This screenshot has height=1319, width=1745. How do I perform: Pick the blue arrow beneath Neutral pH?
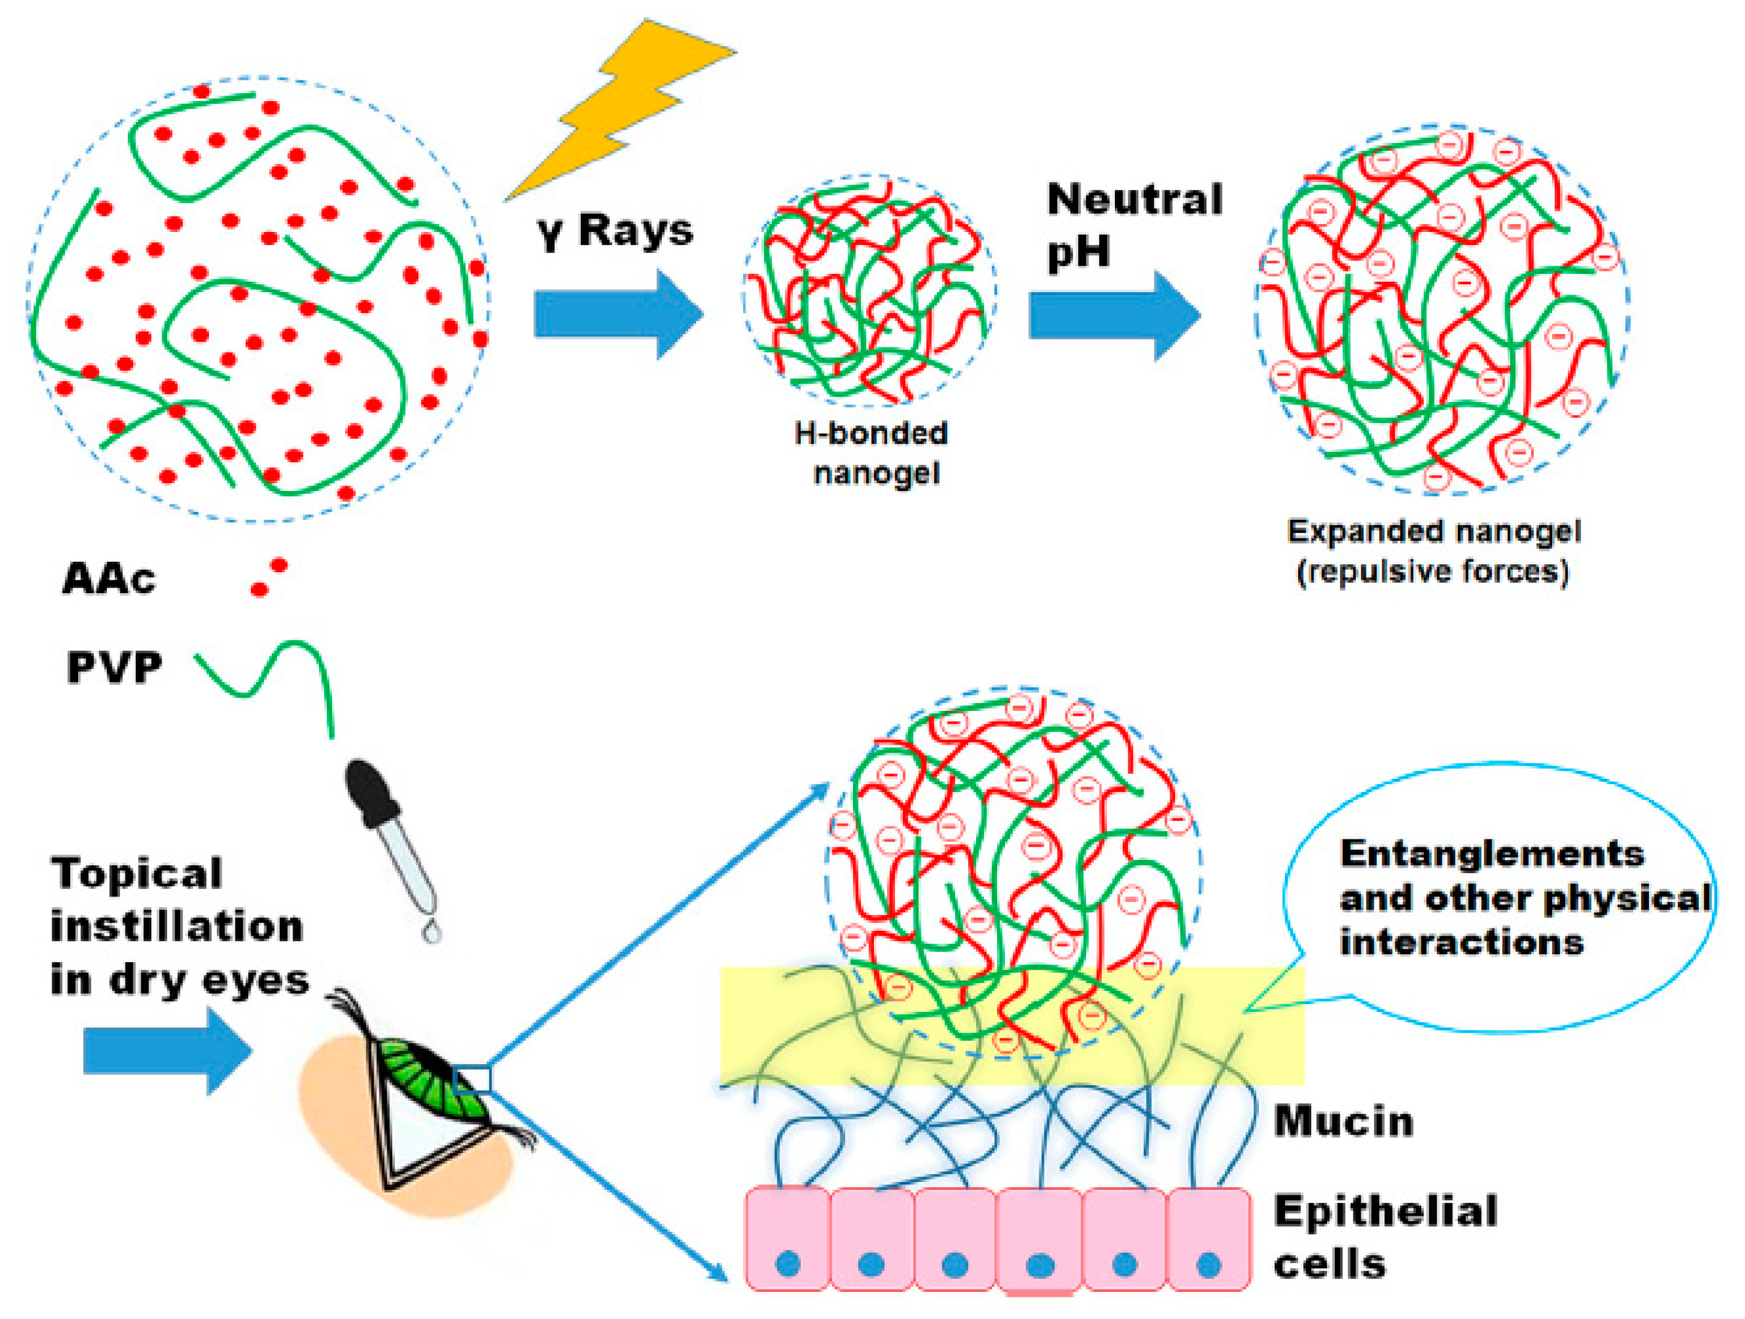(1113, 315)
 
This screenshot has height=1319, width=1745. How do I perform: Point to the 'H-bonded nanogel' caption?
(871, 453)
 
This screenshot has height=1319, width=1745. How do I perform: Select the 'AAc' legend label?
(109, 579)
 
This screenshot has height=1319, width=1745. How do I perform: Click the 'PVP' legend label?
(114, 668)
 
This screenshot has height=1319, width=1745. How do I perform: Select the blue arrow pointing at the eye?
(166, 1050)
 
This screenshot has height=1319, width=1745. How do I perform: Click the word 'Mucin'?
(1343, 1122)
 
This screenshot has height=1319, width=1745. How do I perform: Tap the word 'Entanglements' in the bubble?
(1491, 854)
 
